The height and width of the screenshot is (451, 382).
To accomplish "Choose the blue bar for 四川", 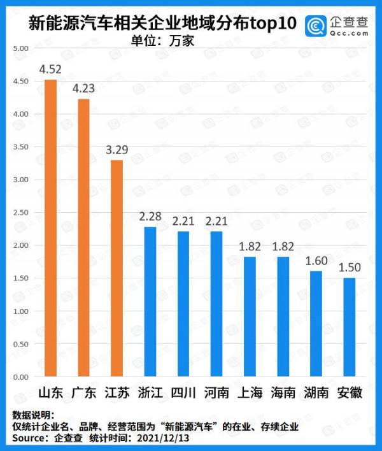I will (x=183, y=304).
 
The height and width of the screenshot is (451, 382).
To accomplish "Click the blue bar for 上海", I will (x=250, y=317).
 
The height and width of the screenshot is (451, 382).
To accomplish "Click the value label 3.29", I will (x=117, y=150).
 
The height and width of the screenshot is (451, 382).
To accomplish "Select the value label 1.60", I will (x=316, y=261).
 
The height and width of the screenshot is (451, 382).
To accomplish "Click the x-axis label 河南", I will (x=216, y=393).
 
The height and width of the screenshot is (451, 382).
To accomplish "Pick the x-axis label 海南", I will (x=283, y=393).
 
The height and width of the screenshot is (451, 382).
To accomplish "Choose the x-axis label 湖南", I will (x=316, y=393).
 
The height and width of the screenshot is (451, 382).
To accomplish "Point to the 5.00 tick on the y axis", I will (x=21, y=48).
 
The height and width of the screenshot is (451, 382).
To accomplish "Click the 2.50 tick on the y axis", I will (x=21, y=213).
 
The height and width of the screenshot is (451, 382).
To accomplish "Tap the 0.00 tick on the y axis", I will (x=21, y=377).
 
